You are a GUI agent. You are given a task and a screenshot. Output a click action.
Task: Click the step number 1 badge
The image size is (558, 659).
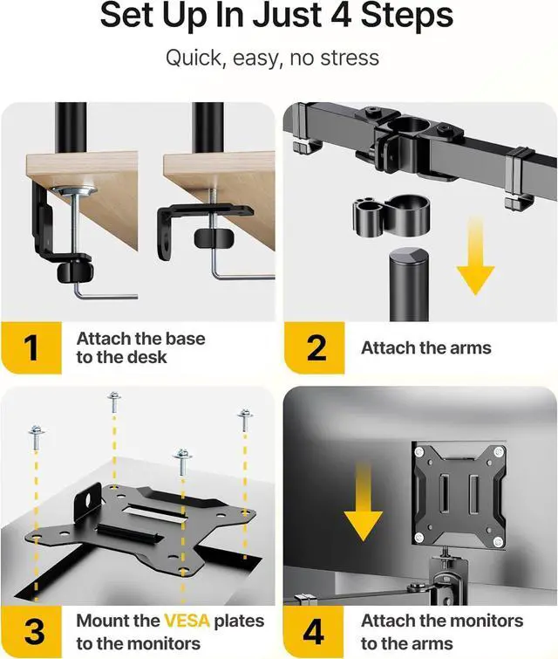click(31, 347)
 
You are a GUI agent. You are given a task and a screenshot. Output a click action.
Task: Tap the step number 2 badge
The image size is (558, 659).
click(315, 347)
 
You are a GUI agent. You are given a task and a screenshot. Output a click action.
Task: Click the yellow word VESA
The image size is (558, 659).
click(187, 621)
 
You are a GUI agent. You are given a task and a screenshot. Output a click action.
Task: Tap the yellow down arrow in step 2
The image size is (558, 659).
click(476, 257)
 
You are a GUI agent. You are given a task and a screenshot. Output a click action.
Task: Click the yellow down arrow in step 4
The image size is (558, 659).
click(364, 501)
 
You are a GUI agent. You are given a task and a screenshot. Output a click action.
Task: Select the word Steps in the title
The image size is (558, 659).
click(407, 15)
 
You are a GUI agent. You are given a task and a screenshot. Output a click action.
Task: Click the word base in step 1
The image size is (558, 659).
click(185, 339)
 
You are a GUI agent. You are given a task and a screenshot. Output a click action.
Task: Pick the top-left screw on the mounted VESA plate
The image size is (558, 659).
click(419, 453)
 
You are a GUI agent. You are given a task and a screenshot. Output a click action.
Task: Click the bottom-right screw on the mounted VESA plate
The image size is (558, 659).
click(498, 541)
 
